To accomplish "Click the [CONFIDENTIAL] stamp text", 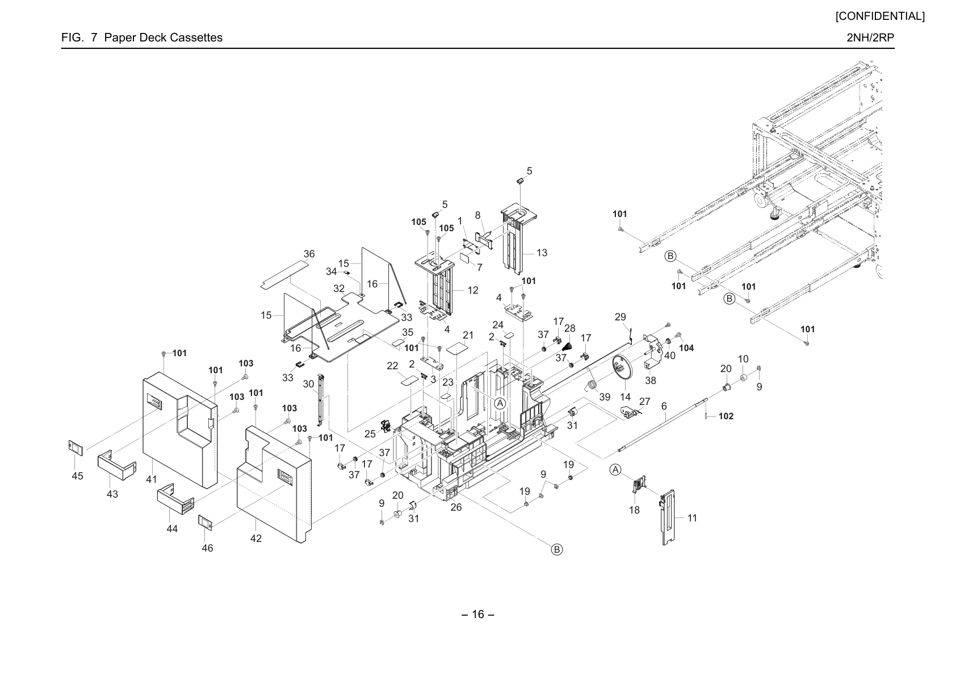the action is tap(880, 16).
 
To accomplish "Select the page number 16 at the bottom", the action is tap(478, 614).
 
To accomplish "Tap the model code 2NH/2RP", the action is tap(870, 37).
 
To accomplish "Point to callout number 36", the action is tap(309, 254).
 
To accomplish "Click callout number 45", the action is tap(77, 475).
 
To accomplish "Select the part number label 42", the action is tap(255, 539).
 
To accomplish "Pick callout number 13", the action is tap(542, 253).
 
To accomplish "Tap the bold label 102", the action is tap(726, 416).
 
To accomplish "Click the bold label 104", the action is tap(687, 348).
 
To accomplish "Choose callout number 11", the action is tap(692, 518).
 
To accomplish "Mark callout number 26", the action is tap(456, 507).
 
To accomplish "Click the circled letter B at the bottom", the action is tap(557, 549).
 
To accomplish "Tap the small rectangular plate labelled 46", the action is tap(206, 523).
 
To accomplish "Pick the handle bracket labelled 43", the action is tap(117, 465).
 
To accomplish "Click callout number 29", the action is tap(620, 317).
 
